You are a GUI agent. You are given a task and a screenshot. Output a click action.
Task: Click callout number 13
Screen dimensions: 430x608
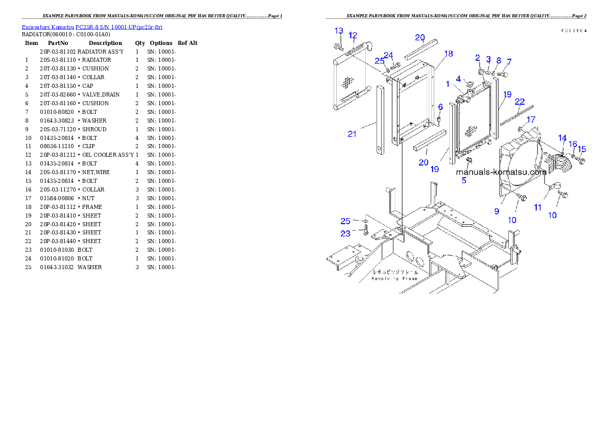[339, 31]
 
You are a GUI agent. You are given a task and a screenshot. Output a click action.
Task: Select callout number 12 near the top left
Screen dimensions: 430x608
[353, 35]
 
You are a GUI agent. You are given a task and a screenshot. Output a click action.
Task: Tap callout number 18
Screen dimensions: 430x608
[449, 54]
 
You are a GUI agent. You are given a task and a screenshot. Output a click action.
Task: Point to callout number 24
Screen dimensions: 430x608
[389, 55]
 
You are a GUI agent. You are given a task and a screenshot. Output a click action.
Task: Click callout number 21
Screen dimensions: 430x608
[352, 134]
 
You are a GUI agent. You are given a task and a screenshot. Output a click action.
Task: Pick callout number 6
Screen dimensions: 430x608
[440, 107]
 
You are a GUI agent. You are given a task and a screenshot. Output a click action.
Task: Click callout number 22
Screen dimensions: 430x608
[520, 102]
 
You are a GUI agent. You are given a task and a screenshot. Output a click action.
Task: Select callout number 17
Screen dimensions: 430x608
[531, 120]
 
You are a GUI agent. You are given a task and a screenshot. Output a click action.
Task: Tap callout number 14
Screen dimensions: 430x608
[562, 138]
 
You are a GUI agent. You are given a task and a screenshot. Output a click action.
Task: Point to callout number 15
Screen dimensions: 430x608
[581, 149]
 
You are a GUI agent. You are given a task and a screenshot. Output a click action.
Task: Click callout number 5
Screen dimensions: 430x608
[464, 180]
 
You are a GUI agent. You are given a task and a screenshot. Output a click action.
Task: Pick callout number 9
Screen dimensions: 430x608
[496, 210]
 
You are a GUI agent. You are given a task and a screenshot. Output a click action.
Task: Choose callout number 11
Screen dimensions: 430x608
[537, 208]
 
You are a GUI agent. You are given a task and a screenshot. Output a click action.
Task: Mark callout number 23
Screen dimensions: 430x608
[346, 233]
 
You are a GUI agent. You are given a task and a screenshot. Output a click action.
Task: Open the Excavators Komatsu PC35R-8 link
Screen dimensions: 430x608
[92, 27]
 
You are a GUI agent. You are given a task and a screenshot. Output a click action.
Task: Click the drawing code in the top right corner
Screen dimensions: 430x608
[573, 31]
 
